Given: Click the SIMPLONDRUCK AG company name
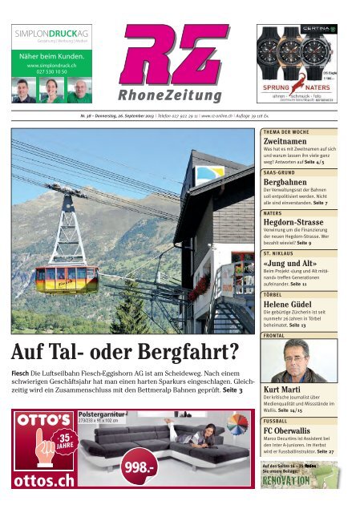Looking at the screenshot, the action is [50, 33].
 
